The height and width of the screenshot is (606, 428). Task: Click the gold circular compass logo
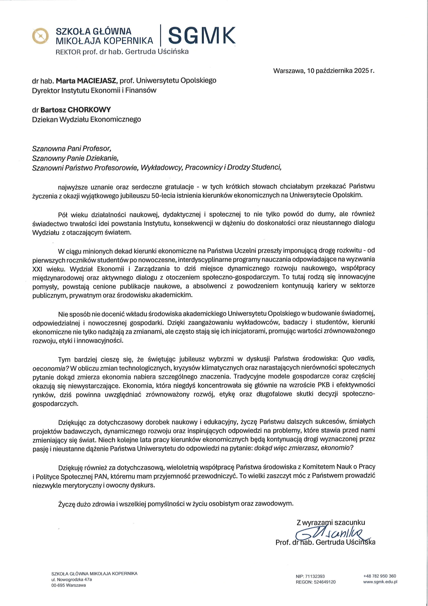[x=40, y=36]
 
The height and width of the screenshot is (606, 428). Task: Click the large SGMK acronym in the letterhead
[x=202, y=35]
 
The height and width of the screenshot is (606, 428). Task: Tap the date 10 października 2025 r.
[x=341, y=71]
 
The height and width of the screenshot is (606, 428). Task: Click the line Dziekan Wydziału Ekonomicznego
[x=87, y=119]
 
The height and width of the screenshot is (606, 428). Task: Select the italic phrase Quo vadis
[x=358, y=358]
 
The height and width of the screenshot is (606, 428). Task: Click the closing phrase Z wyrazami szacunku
[x=331, y=522]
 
